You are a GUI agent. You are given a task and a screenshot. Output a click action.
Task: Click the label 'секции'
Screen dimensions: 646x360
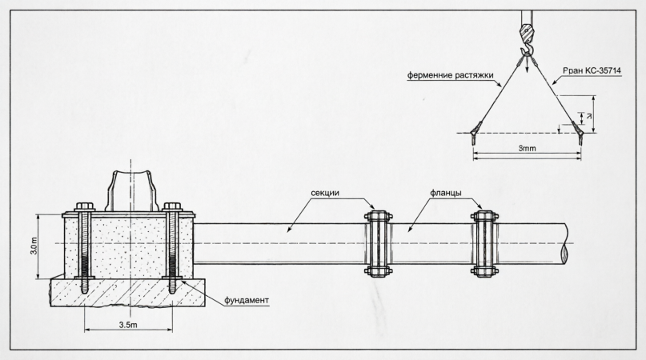[x=325, y=193]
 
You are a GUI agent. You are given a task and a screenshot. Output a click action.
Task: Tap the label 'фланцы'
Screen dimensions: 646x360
[x=446, y=193]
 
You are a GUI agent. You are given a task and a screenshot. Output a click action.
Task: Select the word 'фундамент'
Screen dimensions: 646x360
[x=247, y=300]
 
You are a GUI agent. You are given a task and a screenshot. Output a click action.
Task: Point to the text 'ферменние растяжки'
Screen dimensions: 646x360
[x=451, y=75]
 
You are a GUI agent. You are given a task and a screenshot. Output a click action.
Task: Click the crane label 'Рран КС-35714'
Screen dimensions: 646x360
[x=592, y=71]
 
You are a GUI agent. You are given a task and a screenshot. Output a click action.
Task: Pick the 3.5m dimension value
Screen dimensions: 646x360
[x=128, y=325]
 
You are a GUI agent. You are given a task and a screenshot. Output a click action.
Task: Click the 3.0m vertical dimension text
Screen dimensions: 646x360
[x=34, y=246]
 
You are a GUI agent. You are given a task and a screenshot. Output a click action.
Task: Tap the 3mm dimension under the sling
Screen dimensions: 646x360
[x=527, y=148]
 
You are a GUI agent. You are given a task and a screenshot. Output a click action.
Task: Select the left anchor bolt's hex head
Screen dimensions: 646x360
[x=85, y=206]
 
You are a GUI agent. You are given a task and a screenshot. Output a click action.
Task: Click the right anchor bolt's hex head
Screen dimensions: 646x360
[x=173, y=206]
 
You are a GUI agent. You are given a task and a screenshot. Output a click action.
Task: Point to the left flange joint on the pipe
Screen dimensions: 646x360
[x=378, y=243]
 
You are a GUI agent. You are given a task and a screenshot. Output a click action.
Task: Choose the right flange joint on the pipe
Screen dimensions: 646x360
[x=484, y=243]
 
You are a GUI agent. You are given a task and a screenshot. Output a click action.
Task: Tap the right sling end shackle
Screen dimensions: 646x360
[x=578, y=132]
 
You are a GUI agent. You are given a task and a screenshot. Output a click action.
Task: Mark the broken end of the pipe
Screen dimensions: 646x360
[x=566, y=243]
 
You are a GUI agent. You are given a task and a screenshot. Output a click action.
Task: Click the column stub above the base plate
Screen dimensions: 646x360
[x=131, y=190]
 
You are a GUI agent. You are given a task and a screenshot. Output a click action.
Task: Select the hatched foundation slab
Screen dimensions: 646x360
[x=128, y=293]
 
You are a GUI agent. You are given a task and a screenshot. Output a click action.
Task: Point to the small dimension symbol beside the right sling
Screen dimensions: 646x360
[x=589, y=117]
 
